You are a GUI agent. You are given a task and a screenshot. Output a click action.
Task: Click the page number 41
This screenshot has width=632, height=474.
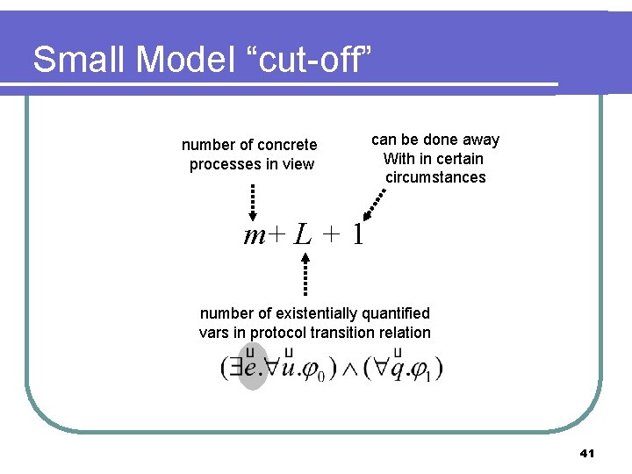[x=587, y=454]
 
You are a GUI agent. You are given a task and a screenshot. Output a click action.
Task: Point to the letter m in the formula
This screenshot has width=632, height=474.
[x=255, y=234]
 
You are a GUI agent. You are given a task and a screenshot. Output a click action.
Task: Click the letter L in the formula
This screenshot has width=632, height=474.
[x=303, y=234]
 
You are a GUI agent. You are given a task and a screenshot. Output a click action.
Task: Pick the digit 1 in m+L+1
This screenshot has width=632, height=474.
[x=356, y=234]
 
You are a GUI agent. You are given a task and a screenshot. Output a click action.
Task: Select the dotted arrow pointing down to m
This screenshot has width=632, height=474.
[x=252, y=201]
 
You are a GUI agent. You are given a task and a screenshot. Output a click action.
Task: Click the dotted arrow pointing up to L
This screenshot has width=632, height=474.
[x=306, y=272]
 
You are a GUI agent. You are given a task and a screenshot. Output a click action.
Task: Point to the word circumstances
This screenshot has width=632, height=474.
[x=435, y=177]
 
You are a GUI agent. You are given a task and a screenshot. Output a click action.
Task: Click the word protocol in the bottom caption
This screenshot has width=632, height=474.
[x=284, y=332]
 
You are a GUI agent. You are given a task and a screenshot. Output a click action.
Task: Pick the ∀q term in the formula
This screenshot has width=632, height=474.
[x=389, y=367]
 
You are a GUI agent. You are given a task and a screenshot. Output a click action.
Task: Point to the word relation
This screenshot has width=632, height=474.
[x=401, y=332]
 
